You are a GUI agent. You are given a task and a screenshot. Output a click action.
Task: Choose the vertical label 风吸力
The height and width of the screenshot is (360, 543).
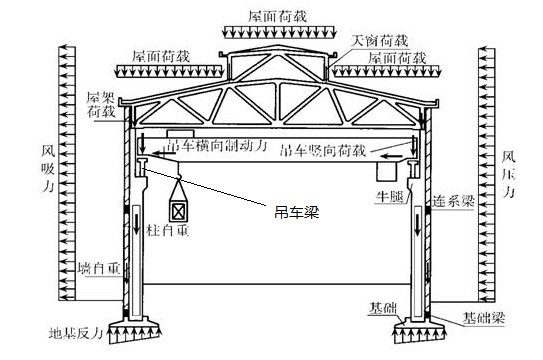(46, 170)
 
